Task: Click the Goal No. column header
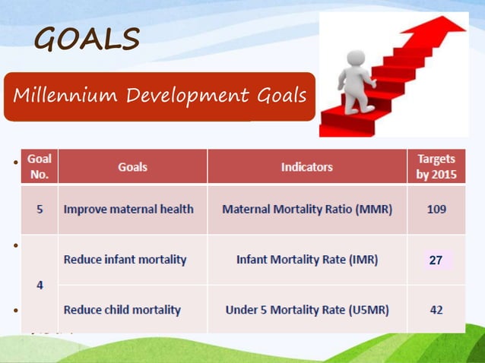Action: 39,166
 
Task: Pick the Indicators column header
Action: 306,167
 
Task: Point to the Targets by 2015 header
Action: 436,166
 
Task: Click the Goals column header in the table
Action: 132,167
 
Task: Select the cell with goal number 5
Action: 39,209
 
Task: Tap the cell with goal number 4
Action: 39,285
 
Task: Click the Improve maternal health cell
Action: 128,209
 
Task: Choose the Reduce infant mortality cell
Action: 125,260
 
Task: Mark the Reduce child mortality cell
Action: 122,310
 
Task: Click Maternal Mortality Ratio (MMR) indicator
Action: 307,209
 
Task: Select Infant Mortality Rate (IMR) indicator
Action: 307,260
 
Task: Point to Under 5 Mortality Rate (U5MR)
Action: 307,310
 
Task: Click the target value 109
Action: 436,209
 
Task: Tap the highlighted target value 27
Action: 436,260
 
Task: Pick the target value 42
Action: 436,310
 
